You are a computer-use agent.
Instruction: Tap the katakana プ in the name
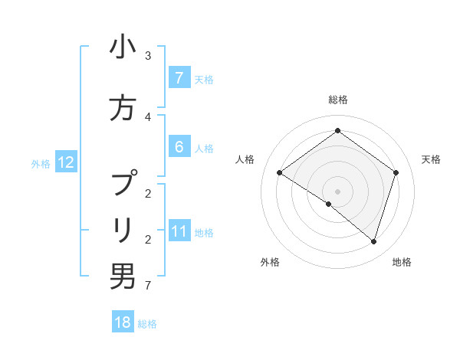pyautogui.click(x=123, y=184)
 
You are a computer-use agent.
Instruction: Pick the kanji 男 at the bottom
pyautogui.click(x=123, y=277)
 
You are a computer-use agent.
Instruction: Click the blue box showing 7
pyautogui.click(x=179, y=78)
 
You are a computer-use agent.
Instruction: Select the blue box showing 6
pyautogui.click(x=179, y=147)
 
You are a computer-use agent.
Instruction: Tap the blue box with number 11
pyautogui.click(x=179, y=231)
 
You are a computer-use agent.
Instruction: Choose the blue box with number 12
pyautogui.click(x=65, y=162)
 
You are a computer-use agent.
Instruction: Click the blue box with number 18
pyautogui.click(x=123, y=322)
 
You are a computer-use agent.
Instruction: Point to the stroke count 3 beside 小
pyautogui.click(x=148, y=56)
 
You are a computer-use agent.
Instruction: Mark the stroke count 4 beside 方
pyautogui.click(x=148, y=117)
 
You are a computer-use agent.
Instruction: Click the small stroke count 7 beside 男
pyautogui.click(x=148, y=286)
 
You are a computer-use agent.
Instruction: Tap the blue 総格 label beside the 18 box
pyautogui.click(x=147, y=324)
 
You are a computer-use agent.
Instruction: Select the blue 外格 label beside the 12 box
pyautogui.click(x=41, y=163)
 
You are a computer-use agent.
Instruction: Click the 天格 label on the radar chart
pyautogui.click(x=432, y=159)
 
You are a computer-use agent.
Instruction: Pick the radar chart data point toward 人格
pyautogui.click(x=280, y=173)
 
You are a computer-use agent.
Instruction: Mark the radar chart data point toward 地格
pyautogui.click(x=373, y=242)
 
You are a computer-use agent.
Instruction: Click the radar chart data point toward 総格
pyautogui.click(x=337, y=131)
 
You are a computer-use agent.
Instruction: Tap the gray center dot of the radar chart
pyautogui.click(x=337, y=191)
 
